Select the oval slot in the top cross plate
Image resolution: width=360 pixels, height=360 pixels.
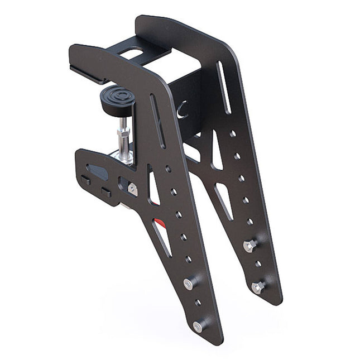(x=133, y=54)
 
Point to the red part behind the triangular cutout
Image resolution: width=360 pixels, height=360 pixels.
(x=160, y=224)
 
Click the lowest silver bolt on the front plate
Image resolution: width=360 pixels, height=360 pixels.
(x=198, y=325)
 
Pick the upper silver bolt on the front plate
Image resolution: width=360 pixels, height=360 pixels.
(x=189, y=283)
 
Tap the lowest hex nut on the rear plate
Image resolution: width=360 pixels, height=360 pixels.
(x=258, y=287)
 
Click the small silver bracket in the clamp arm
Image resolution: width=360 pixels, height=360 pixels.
(x=133, y=189)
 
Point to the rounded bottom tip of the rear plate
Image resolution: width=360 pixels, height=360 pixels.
(x=275, y=299)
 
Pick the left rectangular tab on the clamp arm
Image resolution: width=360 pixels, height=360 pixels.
(x=86, y=180)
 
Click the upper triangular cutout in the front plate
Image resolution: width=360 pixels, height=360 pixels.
(x=153, y=188)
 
